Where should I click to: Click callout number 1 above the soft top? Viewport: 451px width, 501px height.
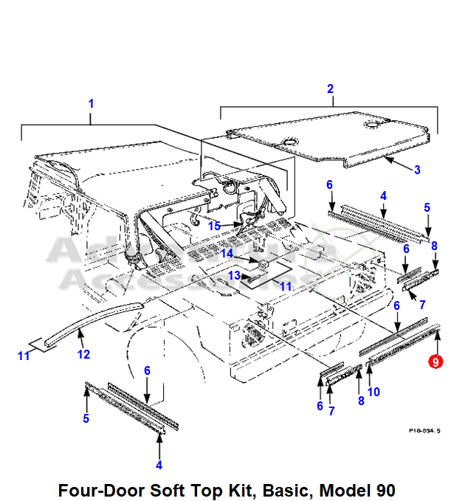coord(92,103)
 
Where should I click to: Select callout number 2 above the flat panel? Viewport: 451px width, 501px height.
coord(331,89)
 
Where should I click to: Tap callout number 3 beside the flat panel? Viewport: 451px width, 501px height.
coord(417,170)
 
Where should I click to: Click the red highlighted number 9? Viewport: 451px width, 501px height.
coord(436,362)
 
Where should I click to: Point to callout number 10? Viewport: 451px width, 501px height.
coord(374,392)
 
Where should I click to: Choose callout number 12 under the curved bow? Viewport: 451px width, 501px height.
coord(84,355)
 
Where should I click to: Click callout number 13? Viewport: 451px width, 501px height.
coord(233,275)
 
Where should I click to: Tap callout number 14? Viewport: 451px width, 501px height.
coord(228,253)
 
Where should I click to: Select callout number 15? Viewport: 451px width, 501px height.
coord(214,226)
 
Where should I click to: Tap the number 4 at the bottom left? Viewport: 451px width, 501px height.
coord(159,465)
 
